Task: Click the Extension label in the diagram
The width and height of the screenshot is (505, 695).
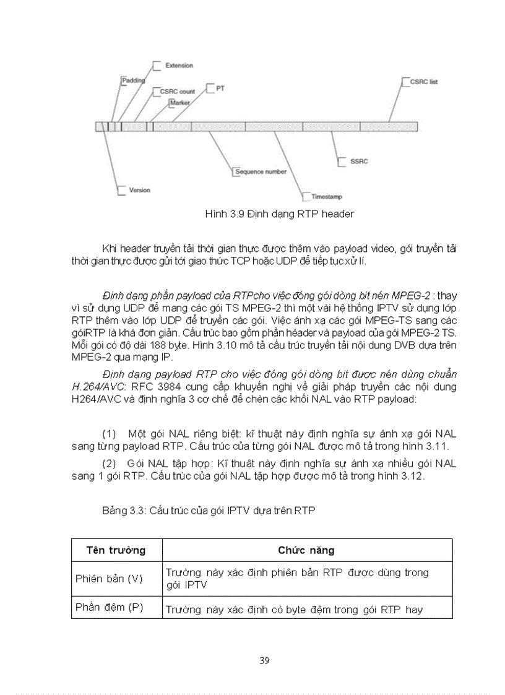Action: [x=179, y=65]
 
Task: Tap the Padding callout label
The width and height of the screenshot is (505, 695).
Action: [x=133, y=80]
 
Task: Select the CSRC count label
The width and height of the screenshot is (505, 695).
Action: [x=177, y=92]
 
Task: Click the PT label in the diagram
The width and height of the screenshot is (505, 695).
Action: [x=220, y=88]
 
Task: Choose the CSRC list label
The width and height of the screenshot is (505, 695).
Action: [x=424, y=82]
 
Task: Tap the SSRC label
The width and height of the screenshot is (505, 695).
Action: [x=358, y=161]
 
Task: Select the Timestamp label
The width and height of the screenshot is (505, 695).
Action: [x=327, y=196]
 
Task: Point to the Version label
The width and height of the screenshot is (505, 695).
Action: [x=139, y=189]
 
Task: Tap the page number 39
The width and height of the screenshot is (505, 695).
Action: [x=264, y=660]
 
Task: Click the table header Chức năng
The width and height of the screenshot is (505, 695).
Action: [x=306, y=550]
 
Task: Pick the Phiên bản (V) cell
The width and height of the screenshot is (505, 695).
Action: [x=109, y=579]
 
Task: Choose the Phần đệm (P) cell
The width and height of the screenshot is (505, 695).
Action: [x=109, y=607]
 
